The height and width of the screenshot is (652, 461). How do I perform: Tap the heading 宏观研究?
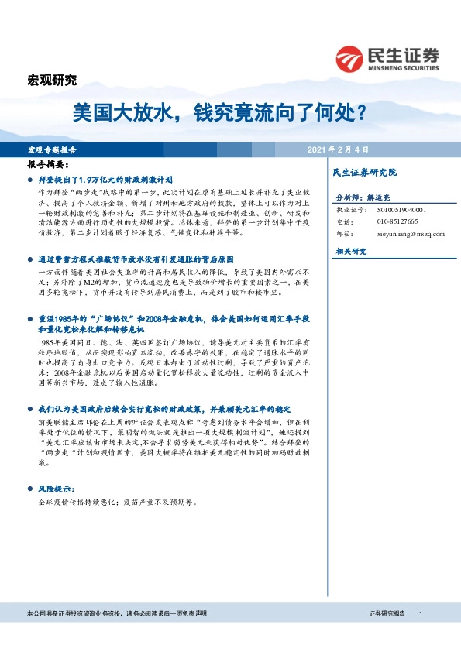coord(52,80)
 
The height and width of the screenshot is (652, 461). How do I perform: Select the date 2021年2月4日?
coord(338,149)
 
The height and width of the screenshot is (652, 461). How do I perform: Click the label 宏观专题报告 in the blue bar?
coord(63,149)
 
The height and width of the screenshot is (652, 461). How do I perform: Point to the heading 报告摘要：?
coord(48,165)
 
